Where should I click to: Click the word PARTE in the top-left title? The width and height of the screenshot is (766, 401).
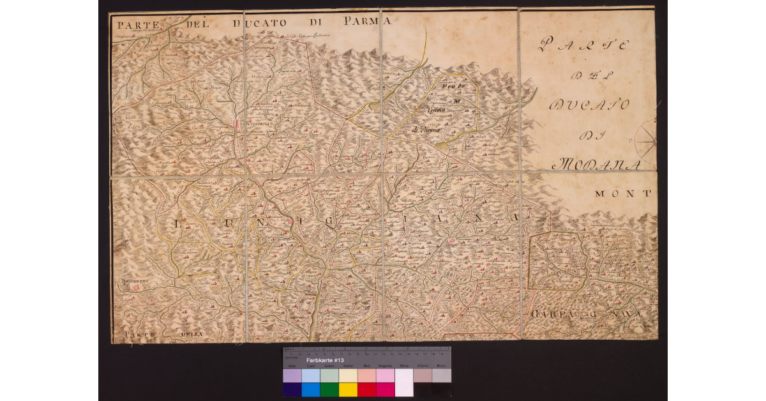tap(138, 25)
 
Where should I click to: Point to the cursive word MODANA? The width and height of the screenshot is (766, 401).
tap(595, 165)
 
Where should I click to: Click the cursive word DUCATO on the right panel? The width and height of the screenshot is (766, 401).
tap(589, 104)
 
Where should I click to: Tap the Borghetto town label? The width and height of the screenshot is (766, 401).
tap(135, 280)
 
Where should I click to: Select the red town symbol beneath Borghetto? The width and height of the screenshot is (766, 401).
tap(135, 288)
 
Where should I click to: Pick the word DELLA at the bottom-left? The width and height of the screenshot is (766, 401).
tap(191, 334)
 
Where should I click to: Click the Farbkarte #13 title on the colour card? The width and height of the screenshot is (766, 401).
tap(326, 361)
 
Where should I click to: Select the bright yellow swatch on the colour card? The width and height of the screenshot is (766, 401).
tap(348, 390)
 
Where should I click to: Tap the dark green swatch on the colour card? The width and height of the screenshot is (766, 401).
tap(329, 390)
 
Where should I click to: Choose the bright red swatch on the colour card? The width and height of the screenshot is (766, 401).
tap(366, 390)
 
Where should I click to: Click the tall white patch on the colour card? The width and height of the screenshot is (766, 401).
tap(404, 382)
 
